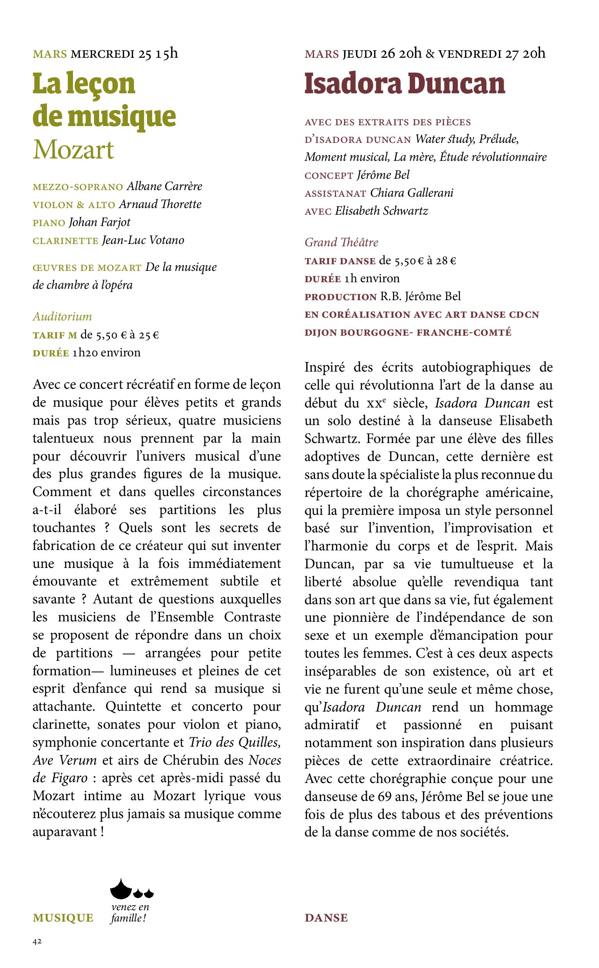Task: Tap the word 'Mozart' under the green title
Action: (x=73, y=150)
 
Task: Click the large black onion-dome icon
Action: (x=121, y=889)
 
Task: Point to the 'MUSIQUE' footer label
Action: (x=63, y=918)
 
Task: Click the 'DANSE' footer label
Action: (x=326, y=918)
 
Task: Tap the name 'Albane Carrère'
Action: (x=164, y=186)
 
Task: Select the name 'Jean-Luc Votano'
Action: (x=143, y=240)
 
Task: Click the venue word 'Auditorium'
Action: (x=62, y=317)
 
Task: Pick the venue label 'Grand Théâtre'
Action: (x=341, y=242)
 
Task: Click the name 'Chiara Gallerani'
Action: (x=412, y=193)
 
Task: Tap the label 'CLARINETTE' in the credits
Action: (x=66, y=241)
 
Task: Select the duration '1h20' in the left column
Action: (x=84, y=352)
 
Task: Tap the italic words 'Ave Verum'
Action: (x=64, y=760)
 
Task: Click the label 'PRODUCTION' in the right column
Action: (x=341, y=297)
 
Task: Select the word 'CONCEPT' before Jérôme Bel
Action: (x=329, y=176)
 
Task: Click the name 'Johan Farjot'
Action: (x=100, y=222)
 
